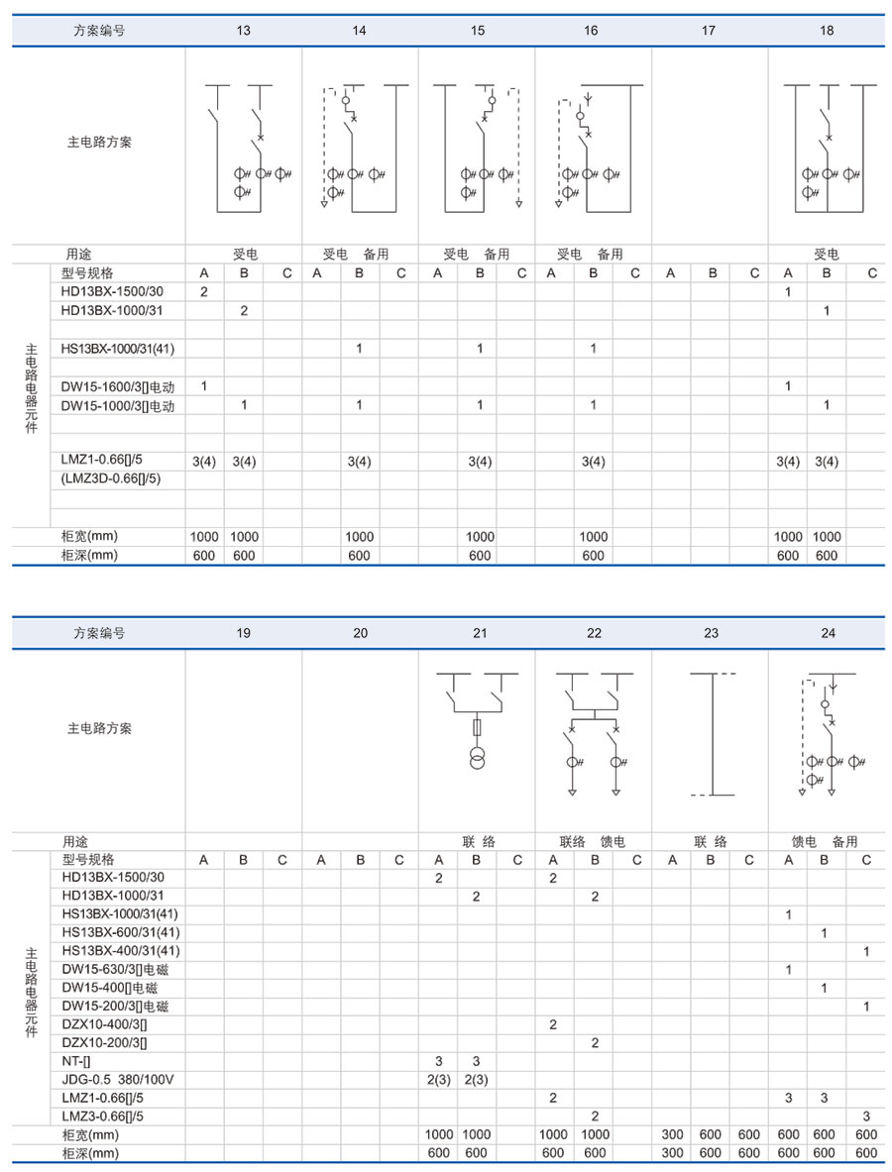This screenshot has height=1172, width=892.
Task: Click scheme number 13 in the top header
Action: pos(243,31)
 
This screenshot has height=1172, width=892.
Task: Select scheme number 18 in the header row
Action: pos(827,31)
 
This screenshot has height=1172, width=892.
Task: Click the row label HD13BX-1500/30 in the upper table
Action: pos(113,292)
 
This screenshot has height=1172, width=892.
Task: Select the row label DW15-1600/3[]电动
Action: pos(117,386)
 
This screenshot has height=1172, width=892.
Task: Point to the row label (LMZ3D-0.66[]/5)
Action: pos(111,479)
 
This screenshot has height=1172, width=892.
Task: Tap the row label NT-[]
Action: pos(77,1060)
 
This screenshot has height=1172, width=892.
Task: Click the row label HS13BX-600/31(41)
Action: pos(120,932)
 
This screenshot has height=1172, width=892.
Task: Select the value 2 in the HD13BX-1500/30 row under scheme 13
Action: pos(203,292)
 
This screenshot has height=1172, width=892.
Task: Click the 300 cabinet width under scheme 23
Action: pos(672,1134)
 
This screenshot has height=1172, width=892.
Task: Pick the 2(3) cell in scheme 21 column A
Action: pos(438,1079)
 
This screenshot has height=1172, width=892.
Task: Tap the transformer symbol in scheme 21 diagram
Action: pos(477,758)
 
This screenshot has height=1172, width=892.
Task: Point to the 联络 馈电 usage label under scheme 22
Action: pos(592,842)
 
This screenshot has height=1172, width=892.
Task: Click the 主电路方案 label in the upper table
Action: pos(99,142)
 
